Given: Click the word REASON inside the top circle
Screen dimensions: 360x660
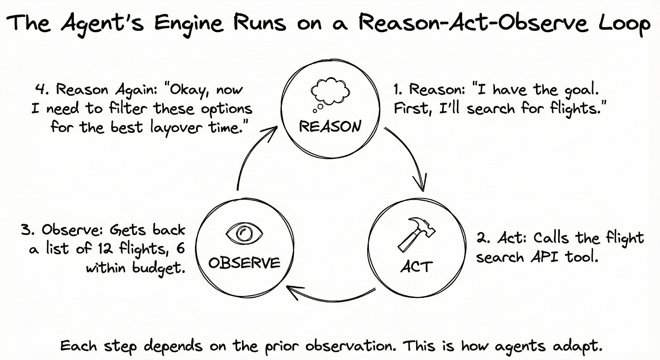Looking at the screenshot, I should (x=330, y=126).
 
